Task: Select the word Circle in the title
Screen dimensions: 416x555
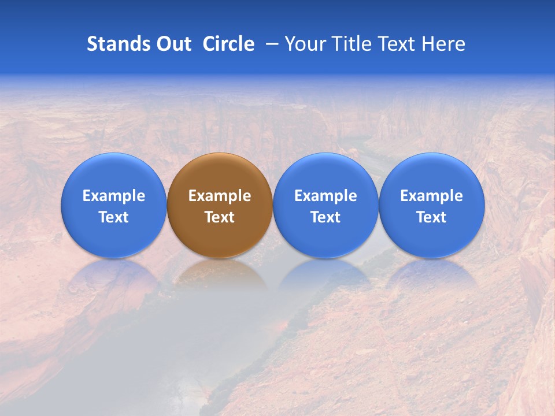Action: pyautogui.click(x=228, y=44)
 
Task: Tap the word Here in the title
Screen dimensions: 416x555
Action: pyautogui.click(x=444, y=44)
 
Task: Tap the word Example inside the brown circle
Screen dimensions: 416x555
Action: pyautogui.click(x=220, y=196)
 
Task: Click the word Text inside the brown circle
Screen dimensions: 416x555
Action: pyautogui.click(x=220, y=217)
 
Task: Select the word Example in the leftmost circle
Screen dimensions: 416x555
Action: pyautogui.click(x=114, y=196)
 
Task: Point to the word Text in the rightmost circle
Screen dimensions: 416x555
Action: pyautogui.click(x=432, y=217)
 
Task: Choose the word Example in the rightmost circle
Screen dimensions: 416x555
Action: pyautogui.click(x=432, y=196)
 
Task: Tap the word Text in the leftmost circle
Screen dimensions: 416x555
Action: pyautogui.click(x=114, y=217)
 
